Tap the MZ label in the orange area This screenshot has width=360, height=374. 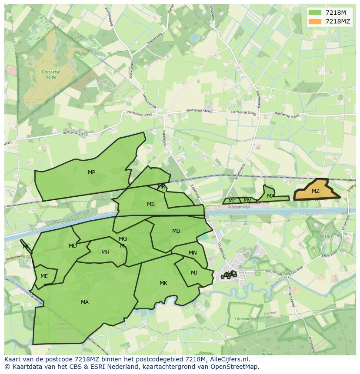316,191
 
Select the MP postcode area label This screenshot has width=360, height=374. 91,172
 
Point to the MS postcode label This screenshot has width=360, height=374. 150,204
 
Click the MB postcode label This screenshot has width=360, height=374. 176,231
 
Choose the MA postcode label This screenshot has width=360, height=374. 85,302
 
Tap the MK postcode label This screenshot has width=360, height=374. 163,283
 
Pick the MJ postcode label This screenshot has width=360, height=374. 194,273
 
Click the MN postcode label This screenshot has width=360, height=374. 193,253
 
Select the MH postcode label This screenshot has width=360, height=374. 105,252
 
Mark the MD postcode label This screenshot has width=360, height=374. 73,246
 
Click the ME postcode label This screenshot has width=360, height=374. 44,276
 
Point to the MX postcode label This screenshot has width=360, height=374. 270,196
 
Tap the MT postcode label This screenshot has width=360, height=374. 232,201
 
